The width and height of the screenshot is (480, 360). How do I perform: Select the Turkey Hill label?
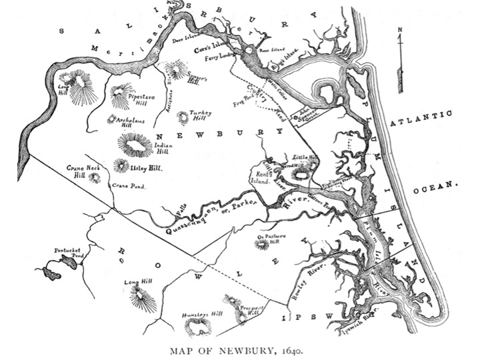pos(200,116)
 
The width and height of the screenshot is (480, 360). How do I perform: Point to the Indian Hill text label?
pos(163,149)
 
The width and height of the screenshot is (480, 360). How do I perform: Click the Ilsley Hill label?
pos(146,167)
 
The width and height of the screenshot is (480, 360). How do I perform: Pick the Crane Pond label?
pos(129,186)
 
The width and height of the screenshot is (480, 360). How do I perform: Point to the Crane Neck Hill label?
pos(79,173)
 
